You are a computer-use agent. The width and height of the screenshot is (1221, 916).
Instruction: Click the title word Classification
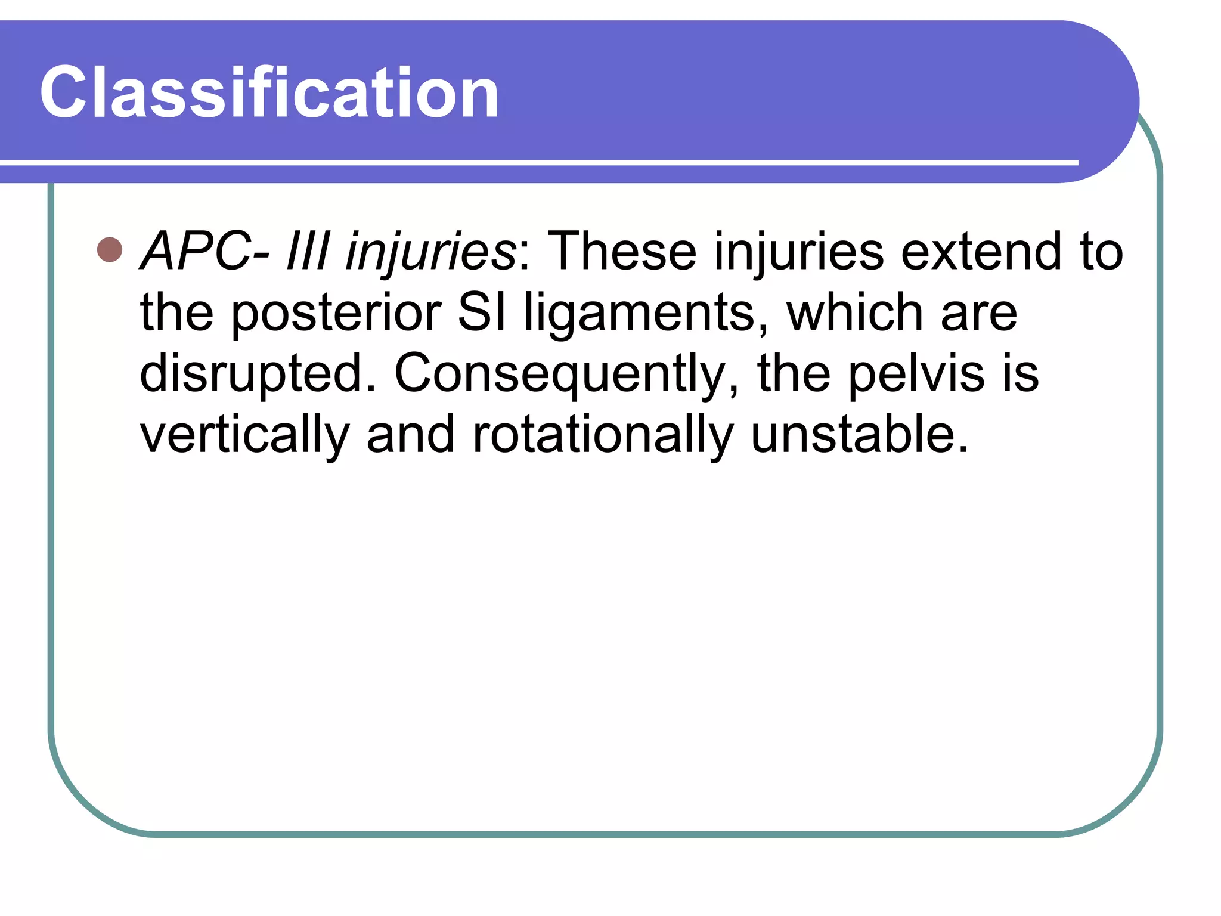[x=269, y=93]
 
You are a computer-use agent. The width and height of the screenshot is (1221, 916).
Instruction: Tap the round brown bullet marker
[x=110, y=250]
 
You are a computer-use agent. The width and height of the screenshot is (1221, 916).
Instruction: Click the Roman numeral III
[x=308, y=251]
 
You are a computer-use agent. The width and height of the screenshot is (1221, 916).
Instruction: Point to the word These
[x=621, y=251]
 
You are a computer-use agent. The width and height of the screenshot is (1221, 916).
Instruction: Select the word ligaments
[x=646, y=314]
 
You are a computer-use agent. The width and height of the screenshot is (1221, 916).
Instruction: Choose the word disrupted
[x=258, y=375]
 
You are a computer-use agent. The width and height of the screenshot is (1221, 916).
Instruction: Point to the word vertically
[x=244, y=435]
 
